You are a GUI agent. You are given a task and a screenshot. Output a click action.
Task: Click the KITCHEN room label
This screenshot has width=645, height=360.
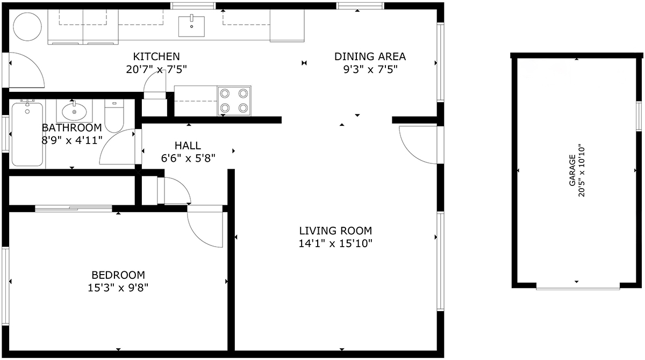point(156,56)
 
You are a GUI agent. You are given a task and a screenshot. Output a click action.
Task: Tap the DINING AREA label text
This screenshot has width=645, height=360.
point(370,56)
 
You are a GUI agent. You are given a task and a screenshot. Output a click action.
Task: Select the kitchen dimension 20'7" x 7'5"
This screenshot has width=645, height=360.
point(156,69)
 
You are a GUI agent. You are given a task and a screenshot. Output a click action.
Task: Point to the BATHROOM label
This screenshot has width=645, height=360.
point(71,127)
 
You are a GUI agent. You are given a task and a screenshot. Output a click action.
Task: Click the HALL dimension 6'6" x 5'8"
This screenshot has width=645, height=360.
point(188,158)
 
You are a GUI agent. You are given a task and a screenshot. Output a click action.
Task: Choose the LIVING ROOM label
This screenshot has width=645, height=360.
point(335,231)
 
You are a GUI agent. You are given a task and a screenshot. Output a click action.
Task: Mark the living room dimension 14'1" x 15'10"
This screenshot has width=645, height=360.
point(335,244)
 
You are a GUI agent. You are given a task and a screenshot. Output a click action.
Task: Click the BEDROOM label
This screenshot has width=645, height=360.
point(118,275)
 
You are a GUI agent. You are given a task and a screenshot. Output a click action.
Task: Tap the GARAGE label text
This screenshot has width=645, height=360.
point(572,170)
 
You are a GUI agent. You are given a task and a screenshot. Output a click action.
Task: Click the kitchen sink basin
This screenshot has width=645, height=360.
point(191,26)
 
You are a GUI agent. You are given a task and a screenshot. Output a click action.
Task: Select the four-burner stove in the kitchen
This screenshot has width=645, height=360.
point(234,100)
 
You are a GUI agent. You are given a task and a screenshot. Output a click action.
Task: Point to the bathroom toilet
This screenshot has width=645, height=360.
point(114,116)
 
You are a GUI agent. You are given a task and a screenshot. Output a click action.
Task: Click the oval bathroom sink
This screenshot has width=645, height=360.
point(74,112)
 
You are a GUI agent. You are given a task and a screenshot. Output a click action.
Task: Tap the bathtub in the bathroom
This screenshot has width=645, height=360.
point(27,134)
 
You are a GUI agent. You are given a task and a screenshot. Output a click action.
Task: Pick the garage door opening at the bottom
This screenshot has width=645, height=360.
point(578,288)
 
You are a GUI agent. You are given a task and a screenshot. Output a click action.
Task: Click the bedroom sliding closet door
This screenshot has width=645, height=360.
point(74,208)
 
